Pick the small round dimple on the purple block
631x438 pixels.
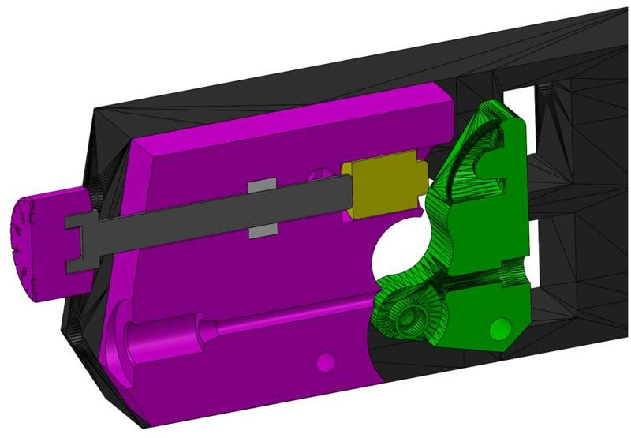[324, 362]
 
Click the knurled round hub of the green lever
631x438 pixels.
[409, 316]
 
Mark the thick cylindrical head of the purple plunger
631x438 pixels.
[181, 330]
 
